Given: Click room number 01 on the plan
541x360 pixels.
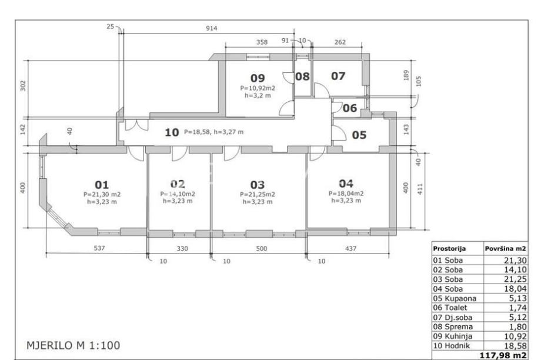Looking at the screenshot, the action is (x=102, y=185).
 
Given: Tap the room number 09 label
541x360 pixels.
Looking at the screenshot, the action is (x=258, y=78).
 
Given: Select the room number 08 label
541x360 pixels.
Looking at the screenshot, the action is (x=302, y=76).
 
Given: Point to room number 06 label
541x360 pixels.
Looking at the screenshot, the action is (x=349, y=108).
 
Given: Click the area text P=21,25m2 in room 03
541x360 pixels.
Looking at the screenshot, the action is (x=258, y=194).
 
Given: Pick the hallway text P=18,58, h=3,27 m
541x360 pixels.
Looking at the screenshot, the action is (x=214, y=132).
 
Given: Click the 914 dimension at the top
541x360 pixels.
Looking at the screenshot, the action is (x=212, y=28).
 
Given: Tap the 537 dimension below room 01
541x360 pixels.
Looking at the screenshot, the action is (x=99, y=248).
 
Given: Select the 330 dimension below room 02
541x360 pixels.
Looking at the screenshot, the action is (x=182, y=248).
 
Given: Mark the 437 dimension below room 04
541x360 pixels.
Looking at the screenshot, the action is (x=351, y=248).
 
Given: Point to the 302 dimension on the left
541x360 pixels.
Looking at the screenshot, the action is (x=23, y=86).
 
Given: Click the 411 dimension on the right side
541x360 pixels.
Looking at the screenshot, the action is (x=420, y=189).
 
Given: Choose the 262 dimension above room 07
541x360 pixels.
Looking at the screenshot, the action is (x=340, y=42).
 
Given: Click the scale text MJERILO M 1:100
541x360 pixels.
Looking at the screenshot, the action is (x=74, y=345).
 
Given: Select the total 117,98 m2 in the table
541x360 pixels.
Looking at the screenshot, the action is (x=503, y=355).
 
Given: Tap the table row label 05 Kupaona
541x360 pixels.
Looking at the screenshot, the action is (x=455, y=298).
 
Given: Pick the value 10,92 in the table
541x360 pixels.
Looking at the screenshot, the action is (x=515, y=336).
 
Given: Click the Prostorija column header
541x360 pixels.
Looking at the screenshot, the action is (x=449, y=248).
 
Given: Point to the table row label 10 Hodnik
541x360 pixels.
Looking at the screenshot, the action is (x=451, y=345).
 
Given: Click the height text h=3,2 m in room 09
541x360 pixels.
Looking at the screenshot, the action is (x=258, y=96).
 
